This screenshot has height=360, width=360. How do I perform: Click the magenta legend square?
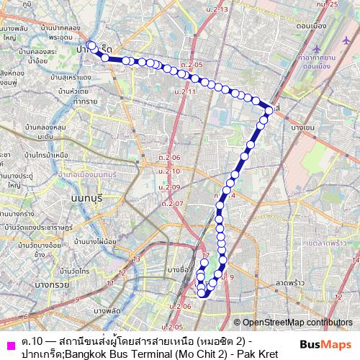[9, 341]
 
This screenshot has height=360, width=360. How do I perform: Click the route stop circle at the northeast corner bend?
[269, 109]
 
